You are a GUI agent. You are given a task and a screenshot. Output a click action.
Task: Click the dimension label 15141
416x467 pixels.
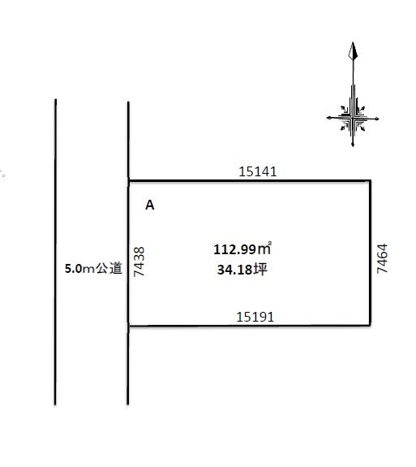click(258, 171)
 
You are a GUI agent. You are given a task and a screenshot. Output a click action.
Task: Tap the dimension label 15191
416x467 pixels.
click(255, 317)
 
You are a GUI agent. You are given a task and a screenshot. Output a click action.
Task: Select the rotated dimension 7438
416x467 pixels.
click(139, 262)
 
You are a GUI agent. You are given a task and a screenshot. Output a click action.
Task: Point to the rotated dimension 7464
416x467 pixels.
click(382, 258)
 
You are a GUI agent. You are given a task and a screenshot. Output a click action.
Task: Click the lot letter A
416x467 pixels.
click(149, 205)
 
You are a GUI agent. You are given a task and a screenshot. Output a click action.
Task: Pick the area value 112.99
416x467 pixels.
click(234, 249)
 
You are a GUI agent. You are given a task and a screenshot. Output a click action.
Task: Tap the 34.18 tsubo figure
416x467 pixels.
click(234, 270)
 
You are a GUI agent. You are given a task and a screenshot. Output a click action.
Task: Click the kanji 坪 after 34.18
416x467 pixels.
click(260, 270)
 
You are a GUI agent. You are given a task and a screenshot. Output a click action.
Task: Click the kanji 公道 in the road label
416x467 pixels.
click(109, 268)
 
